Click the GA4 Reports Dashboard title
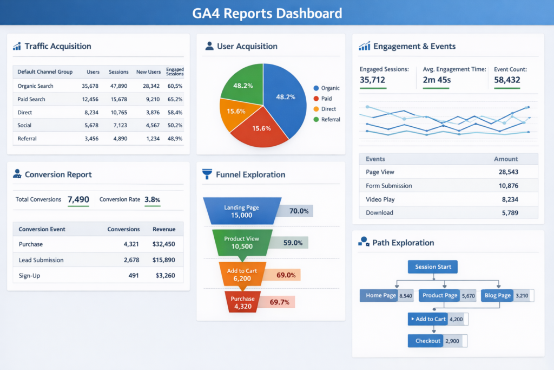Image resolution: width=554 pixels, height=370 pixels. [267, 13]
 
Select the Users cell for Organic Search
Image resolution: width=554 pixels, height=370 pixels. [90, 86]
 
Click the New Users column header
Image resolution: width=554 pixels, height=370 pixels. [148, 72]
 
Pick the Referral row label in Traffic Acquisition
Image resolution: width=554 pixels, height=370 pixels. [27, 139]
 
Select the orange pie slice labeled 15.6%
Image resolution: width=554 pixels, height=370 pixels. [236, 112]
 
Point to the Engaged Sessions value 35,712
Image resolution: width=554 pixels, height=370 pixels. [372, 81]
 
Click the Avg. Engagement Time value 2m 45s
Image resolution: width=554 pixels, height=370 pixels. [437, 81]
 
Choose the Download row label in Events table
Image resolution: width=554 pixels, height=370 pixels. [379, 213]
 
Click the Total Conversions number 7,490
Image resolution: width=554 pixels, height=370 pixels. [78, 200]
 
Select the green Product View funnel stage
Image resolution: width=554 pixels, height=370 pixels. [242, 242]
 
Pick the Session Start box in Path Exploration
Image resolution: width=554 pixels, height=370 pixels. [432, 267]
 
